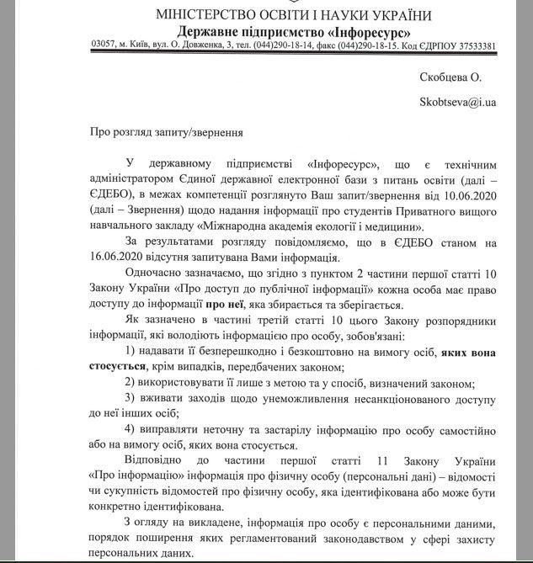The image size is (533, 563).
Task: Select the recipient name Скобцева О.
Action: [450, 78]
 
